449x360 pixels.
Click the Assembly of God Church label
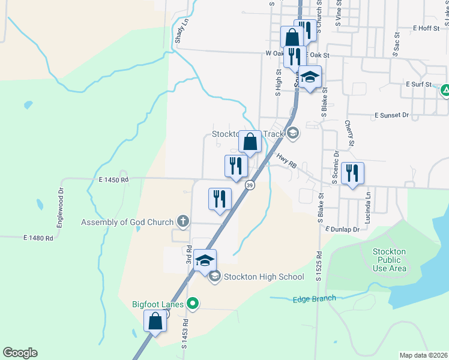point(127,223)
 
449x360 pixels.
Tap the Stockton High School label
point(264,277)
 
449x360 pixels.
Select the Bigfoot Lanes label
point(158,304)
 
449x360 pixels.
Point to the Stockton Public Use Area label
point(390,260)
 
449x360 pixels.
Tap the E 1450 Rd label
point(114,179)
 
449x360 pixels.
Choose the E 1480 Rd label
point(38,238)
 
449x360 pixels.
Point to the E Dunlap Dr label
point(342,229)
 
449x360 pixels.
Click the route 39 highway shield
point(249,186)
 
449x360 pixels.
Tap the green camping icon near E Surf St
point(445,91)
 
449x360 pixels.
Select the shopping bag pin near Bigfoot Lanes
point(155,321)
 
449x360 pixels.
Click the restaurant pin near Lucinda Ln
point(352,173)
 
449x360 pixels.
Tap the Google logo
point(20,353)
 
